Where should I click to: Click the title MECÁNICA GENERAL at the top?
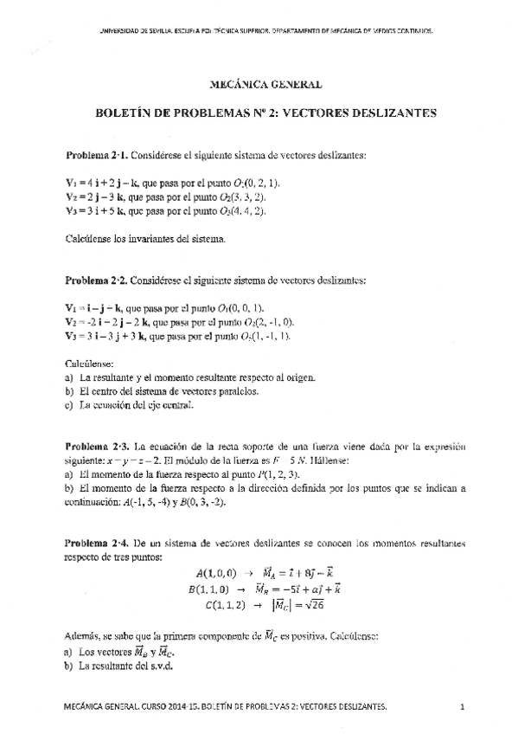click(x=266, y=84)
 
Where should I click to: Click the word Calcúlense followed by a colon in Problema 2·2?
click(x=90, y=364)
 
